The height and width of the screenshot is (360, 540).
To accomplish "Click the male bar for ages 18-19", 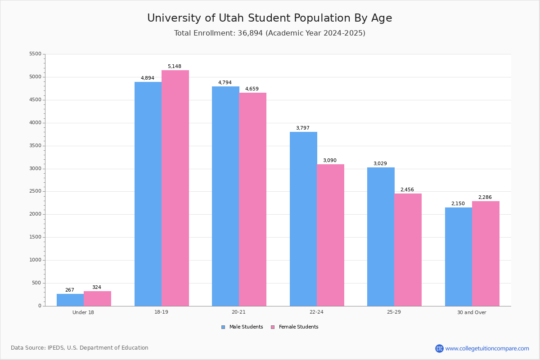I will pyautogui.click(x=148, y=193).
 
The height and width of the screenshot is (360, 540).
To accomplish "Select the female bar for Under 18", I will pyautogui.click(x=97, y=298).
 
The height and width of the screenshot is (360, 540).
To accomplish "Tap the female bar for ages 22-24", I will pyautogui.click(x=330, y=235).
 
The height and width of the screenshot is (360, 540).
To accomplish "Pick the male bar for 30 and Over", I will pyautogui.click(x=459, y=256).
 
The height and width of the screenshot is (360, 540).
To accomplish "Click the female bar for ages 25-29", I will pyautogui.click(x=408, y=250).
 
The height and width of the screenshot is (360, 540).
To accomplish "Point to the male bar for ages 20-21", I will pyautogui.click(x=225, y=196).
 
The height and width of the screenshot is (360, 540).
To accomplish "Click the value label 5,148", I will pyautogui.click(x=175, y=67).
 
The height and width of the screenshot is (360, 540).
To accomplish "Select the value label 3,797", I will pyautogui.click(x=303, y=128).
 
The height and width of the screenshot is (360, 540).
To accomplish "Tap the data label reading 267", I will pyautogui.click(x=70, y=290).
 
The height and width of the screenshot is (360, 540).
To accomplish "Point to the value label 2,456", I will pyautogui.click(x=407, y=190).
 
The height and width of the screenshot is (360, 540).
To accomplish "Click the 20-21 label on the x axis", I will pyautogui.click(x=238, y=312).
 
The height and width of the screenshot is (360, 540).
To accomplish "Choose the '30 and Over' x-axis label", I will pyautogui.click(x=472, y=312).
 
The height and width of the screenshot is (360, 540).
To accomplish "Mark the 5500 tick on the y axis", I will pyautogui.click(x=35, y=54).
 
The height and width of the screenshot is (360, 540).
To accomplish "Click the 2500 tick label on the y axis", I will pyautogui.click(x=35, y=191).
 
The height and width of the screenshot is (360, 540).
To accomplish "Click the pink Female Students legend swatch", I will pyautogui.click(x=273, y=327).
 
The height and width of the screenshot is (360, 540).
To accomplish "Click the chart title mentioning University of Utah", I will pyautogui.click(x=270, y=18).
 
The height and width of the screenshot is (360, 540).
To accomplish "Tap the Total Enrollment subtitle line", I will pyautogui.click(x=270, y=33).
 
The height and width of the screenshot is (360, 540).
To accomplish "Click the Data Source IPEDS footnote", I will pyautogui.click(x=80, y=348).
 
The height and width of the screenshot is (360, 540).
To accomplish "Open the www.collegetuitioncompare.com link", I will pyautogui.click(x=487, y=348).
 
